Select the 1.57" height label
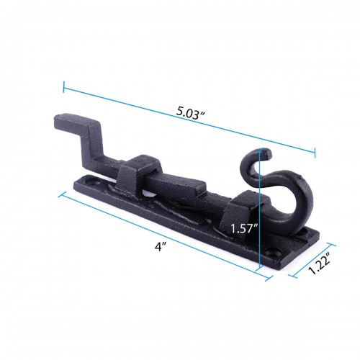point(243,230)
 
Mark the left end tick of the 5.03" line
point(64,88)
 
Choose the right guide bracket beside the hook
point(243,209)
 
